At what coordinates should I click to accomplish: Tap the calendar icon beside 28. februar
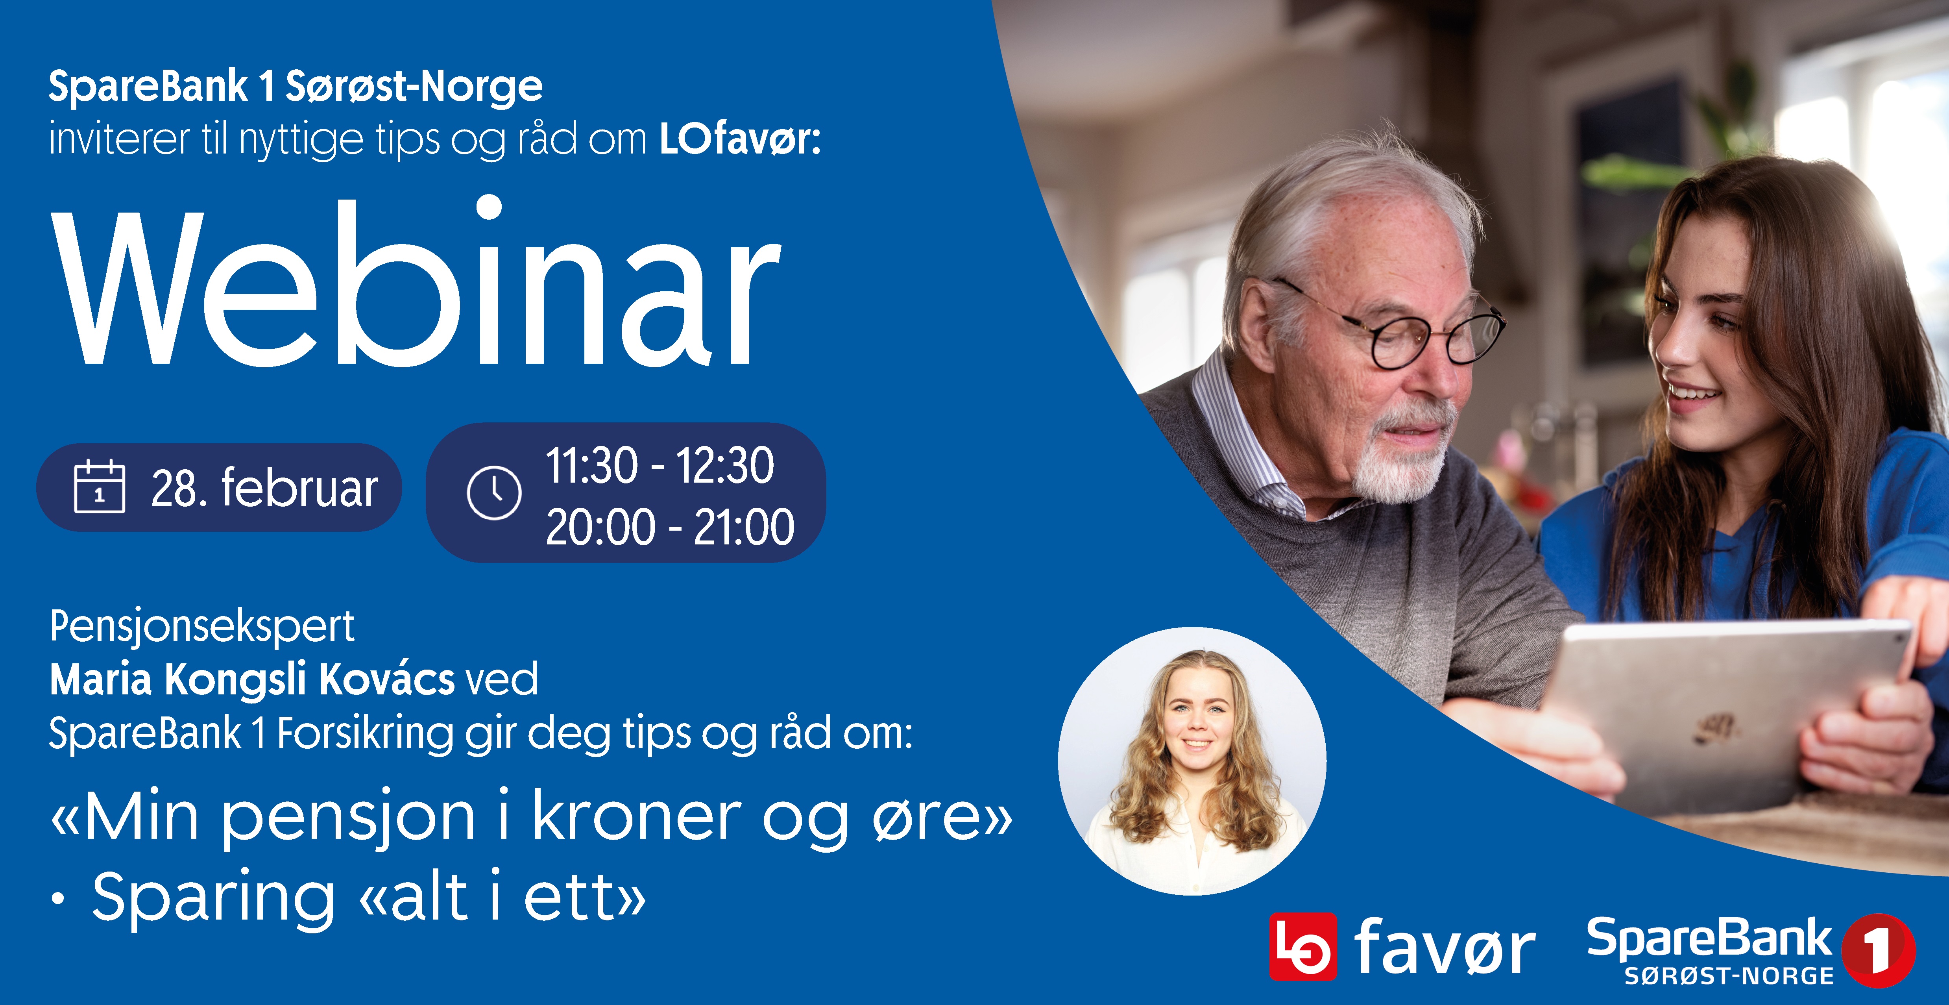tap(99, 487)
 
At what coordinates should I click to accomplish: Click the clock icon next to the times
tap(494, 493)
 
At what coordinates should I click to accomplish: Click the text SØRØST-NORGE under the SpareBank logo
tap(1729, 976)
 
